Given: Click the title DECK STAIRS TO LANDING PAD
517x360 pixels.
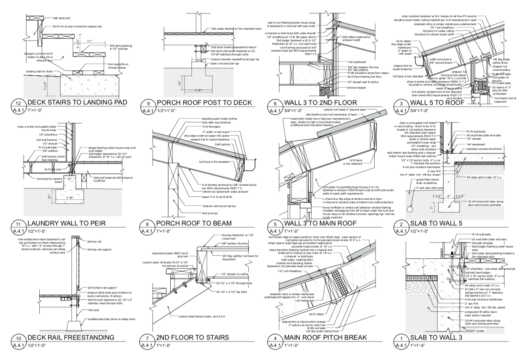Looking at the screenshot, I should click(x=77, y=102).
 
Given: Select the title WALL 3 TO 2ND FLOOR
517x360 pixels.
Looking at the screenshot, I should click(x=320, y=102).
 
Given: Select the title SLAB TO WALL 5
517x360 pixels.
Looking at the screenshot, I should click(x=436, y=223).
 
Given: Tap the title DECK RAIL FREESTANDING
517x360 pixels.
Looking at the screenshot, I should click(x=71, y=337).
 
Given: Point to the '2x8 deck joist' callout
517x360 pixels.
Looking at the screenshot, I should click(x=62, y=18).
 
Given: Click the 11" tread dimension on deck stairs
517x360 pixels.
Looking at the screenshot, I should click(x=89, y=41).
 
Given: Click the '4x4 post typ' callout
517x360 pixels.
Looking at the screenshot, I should click(x=210, y=213).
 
